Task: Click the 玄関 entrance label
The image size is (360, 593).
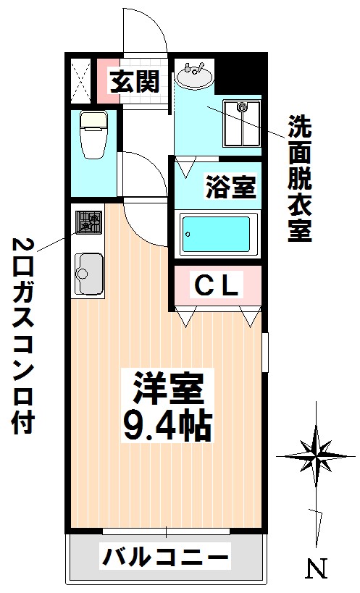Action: coord(134,82)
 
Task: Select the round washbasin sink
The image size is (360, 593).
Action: coord(193,74)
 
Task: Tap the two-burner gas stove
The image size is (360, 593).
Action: coord(88,222)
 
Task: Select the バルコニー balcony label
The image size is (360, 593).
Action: coord(165,558)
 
